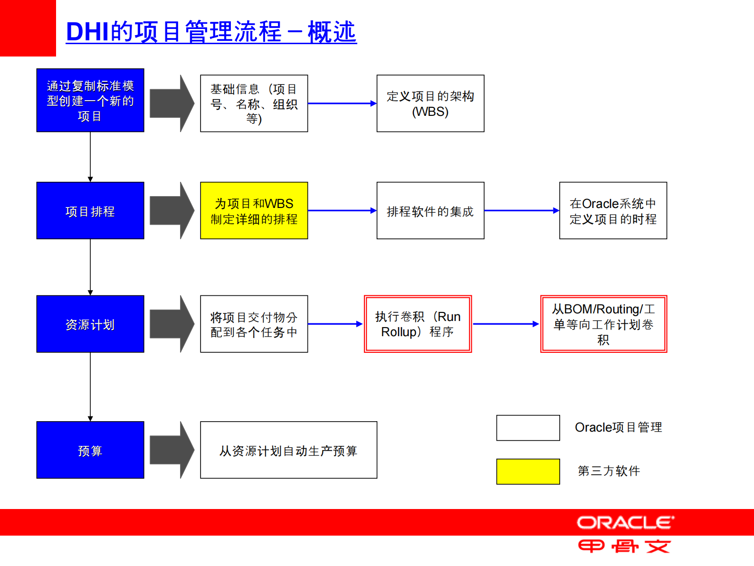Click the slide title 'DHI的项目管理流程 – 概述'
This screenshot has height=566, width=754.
211,32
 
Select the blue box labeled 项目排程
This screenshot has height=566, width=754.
90,210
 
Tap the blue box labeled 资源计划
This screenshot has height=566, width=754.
90,324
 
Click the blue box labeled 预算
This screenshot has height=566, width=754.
90,450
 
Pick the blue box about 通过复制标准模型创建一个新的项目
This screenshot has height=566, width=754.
90,100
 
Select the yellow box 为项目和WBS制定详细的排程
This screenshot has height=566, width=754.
254,210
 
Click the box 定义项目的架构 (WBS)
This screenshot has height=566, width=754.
430,104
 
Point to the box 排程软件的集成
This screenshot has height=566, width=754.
430,210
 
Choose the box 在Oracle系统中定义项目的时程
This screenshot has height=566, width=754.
613,210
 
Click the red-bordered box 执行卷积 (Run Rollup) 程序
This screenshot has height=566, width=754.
418,324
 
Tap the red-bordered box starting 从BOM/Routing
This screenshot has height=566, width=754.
603,324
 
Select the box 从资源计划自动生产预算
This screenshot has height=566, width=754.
288,450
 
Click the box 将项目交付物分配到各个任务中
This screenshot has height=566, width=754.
254,324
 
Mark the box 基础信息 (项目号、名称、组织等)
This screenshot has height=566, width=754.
254,104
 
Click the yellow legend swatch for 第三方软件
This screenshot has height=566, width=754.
528,472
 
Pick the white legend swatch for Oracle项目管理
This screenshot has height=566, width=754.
528,428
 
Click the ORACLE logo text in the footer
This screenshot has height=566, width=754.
625,523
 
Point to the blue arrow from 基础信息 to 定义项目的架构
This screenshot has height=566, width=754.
342,104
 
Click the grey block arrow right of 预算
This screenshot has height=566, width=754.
172,450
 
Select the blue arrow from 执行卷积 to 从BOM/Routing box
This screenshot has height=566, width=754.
506,324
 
